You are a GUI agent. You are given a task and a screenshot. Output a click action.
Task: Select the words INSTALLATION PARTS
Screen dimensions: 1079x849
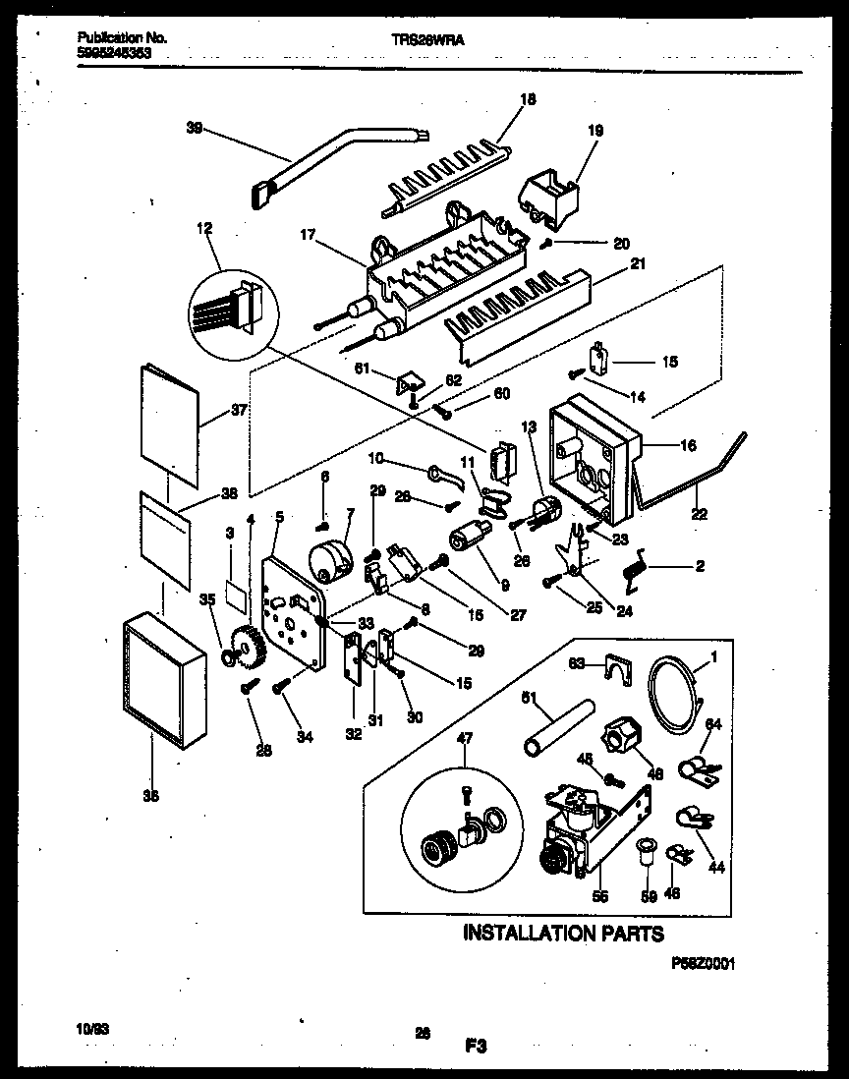click(563, 933)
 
